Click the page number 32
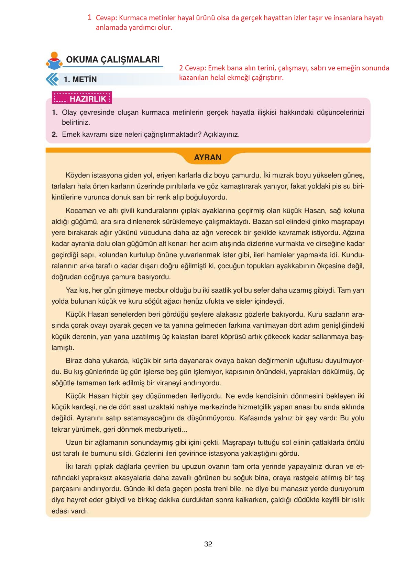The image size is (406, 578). click(208, 544)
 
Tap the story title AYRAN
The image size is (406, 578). click(208, 157)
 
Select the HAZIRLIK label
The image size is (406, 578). click(88, 99)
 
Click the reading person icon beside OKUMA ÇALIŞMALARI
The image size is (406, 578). click(54, 61)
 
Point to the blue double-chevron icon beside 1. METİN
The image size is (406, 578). click(52, 79)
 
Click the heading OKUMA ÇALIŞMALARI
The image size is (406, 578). click(113, 60)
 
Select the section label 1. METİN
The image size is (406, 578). click(80, 80)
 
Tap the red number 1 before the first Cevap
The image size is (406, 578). click(89, 17)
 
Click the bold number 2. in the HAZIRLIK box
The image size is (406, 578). click(55, 134)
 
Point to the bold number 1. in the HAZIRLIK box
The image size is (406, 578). click(55, 112)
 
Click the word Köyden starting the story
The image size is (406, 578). click(78, 175)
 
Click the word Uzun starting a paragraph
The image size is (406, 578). click(74, 442)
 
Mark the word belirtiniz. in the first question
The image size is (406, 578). click(76, 122)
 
